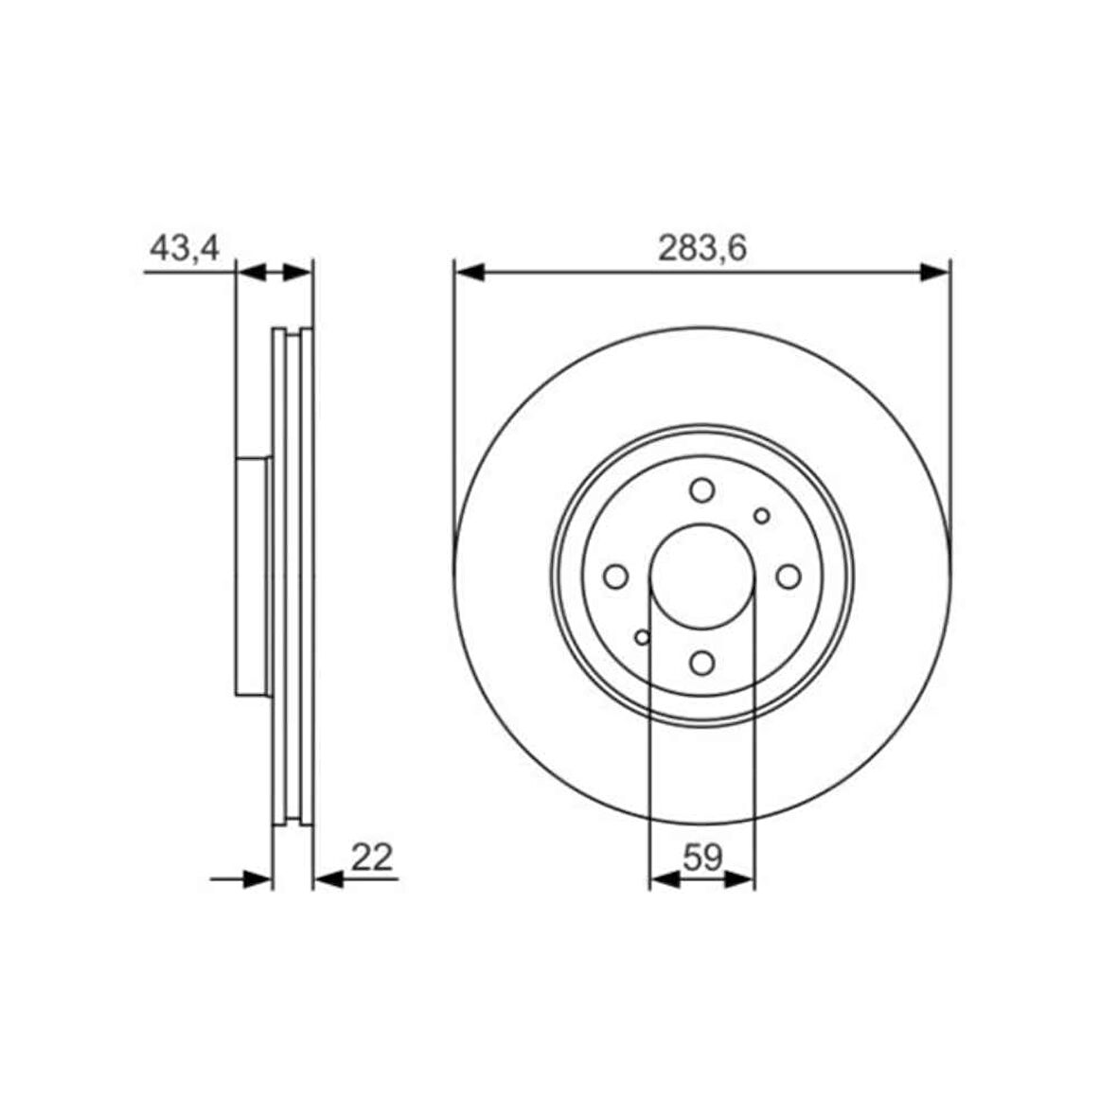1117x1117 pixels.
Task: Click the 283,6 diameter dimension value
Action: pyautogui.click(x=701, y=249)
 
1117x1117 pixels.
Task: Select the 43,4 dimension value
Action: pyautogui.click(x=185, y=248)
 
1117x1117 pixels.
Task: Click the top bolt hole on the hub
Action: pyautogui.click(x=702, y=490)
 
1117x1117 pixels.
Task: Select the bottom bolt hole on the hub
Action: pyautogui.click(x=702, y=664)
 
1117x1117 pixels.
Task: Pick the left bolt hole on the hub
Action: pyautogui.click(x=615, y=576)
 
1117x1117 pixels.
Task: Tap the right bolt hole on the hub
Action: pyautogui.click(x=789, y=576)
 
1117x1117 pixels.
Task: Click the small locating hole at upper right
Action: pyautogui.click(x=762, y=516)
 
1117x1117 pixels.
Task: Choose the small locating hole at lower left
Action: pyautogui.click(x=643, y=637)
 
